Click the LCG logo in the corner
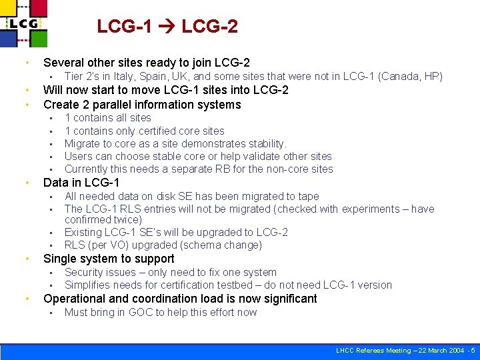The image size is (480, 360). tap(25, 23)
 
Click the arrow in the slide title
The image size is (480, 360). tap(167, 27)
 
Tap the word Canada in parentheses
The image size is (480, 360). tap(399, 77)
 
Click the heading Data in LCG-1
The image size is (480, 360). tap(81, 183)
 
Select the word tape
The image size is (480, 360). tap(307, 196)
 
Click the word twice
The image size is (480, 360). tap(127, 220)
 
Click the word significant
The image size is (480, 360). tap(285, 299)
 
